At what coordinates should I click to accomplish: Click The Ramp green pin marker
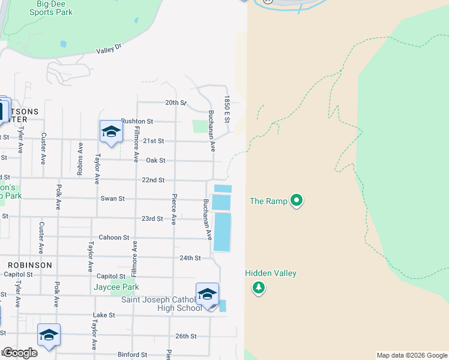point(296,200)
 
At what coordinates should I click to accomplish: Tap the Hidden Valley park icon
point(259,288)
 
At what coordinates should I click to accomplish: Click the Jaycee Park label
point(116,287)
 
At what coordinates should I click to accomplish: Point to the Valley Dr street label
point(109,49)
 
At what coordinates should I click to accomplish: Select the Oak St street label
point(155,160)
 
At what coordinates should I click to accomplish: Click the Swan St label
point(113,199)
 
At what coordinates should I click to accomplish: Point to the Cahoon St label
point(114,238)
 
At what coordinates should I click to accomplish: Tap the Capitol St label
point(112,276)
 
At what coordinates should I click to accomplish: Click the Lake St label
point(104,315)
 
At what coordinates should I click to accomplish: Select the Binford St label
point(132,355)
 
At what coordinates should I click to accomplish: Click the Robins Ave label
point(80,157)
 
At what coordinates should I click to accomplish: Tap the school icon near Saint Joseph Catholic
point(207,294)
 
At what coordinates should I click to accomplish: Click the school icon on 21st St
point(111,131)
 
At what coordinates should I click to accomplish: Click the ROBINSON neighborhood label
point(30,265)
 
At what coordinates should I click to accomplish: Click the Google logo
point(20,353)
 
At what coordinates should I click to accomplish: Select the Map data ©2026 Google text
point(411,355)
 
